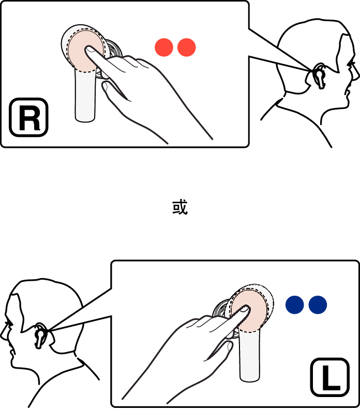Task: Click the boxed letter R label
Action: click(28, 117)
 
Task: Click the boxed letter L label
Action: click(330, 377)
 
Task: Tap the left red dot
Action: click(164, 48)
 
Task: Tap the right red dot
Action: click(186, 48)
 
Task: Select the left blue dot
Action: click(295, 305)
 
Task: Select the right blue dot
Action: click(318, 305)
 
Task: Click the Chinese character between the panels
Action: click(180, 207)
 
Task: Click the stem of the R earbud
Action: click(85, 96)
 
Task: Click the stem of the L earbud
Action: click(250, 355)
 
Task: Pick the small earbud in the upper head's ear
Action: click(319, 76)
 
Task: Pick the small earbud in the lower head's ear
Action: click(40, 336)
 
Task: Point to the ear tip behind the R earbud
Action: click(113, 49)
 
